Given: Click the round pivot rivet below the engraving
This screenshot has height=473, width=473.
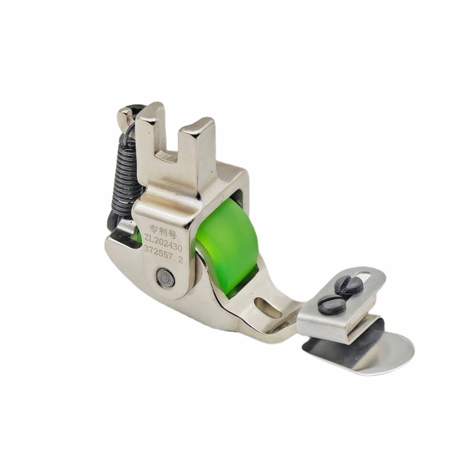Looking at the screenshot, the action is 166,277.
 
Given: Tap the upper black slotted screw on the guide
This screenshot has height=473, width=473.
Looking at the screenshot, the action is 349,285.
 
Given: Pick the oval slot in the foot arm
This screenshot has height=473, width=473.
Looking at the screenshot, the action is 268,307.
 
